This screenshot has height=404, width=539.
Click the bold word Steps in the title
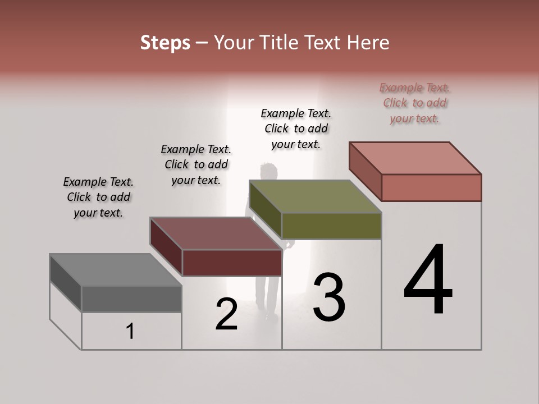pyautogui.click(x=165, y=43)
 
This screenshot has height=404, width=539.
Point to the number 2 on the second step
pyautogui.click(x=226, y=314)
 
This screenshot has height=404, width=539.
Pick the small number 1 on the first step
pyautogui.click(x=130, y=332)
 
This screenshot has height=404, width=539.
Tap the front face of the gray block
pyautogui.click(x=131, y=299)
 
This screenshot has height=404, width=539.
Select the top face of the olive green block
pyautogui.click(x=315, y=196)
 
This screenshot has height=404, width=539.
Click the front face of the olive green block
pyautogui.click(x=331, y=226)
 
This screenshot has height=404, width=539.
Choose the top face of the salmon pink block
pyautogui.click(x=415, y=158)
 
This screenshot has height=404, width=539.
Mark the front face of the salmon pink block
pyautogui.click(x=431, y=187)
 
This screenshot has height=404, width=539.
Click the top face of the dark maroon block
pyautogui.click(x=216, y=233)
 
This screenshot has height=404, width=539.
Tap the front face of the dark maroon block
pyautogui.click(x=232, y=263)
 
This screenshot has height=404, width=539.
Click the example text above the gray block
pyautogui.click(x=98, y=197)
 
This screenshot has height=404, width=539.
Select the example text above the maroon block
pyautogui.click(x=196, y=164)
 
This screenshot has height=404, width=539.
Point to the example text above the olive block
pyautogui.click(x=296, y=128)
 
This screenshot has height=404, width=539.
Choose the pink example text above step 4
pyautogui.click(x=415, y=103)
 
